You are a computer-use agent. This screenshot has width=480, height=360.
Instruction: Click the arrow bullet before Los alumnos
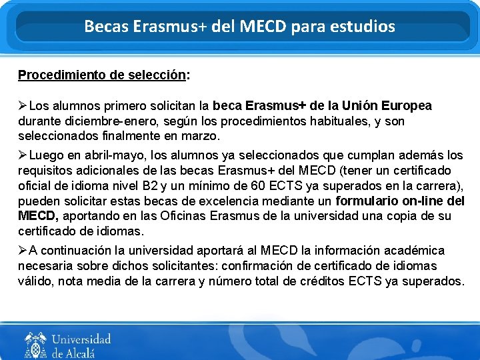pyautogui.click(x=23, y=106)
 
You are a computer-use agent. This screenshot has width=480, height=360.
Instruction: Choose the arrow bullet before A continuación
pyautogui.click(x=23, y=251)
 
